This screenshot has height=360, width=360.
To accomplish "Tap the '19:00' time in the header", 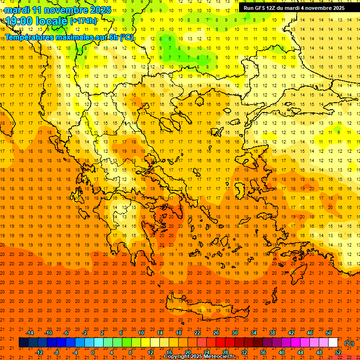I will (19, 21).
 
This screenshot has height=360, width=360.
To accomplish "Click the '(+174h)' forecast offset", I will (83, 21).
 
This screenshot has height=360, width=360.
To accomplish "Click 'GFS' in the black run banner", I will (262, 8).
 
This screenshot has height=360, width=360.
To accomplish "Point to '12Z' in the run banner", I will (275, 8).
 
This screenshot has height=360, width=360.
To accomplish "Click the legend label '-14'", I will (30, 333).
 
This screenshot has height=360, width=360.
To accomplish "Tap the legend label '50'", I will (328, 333).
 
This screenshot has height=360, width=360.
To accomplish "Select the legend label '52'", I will (337, 352).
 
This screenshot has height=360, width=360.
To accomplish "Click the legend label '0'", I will (93, 352).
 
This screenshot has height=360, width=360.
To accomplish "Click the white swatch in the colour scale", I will (333, 343).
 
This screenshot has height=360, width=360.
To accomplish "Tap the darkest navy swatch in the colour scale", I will (23, 343).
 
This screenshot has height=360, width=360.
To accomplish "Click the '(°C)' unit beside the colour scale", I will (349, 343).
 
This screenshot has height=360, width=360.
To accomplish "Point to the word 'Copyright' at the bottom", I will (177, 357).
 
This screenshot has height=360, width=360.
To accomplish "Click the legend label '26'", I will (216, 333).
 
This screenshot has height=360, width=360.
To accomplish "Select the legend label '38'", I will (272, 333).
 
